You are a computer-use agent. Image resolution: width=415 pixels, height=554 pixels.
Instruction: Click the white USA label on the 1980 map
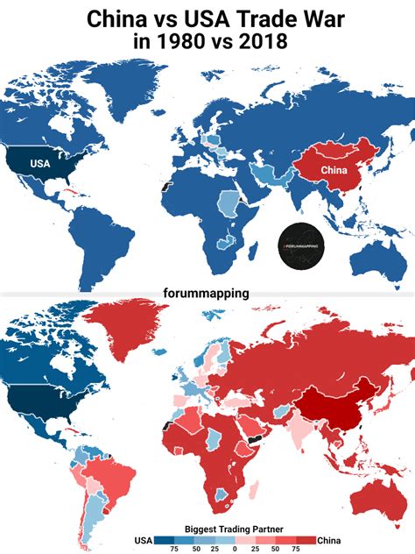click(x=39, y=163)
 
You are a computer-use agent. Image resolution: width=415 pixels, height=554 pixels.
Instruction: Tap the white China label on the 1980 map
click(x=331, y=168)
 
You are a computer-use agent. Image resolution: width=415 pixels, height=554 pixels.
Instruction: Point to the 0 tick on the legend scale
click(x=235, y=549)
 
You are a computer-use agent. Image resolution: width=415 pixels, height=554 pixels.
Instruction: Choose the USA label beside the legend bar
click(x=144, y=539)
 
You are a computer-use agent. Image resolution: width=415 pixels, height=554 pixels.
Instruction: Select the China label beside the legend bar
click(x=329, y=539)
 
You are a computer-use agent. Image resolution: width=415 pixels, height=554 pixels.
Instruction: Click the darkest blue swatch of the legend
click(x=165, y=539)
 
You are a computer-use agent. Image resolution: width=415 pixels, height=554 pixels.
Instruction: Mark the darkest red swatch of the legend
click(x=306, y=539)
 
